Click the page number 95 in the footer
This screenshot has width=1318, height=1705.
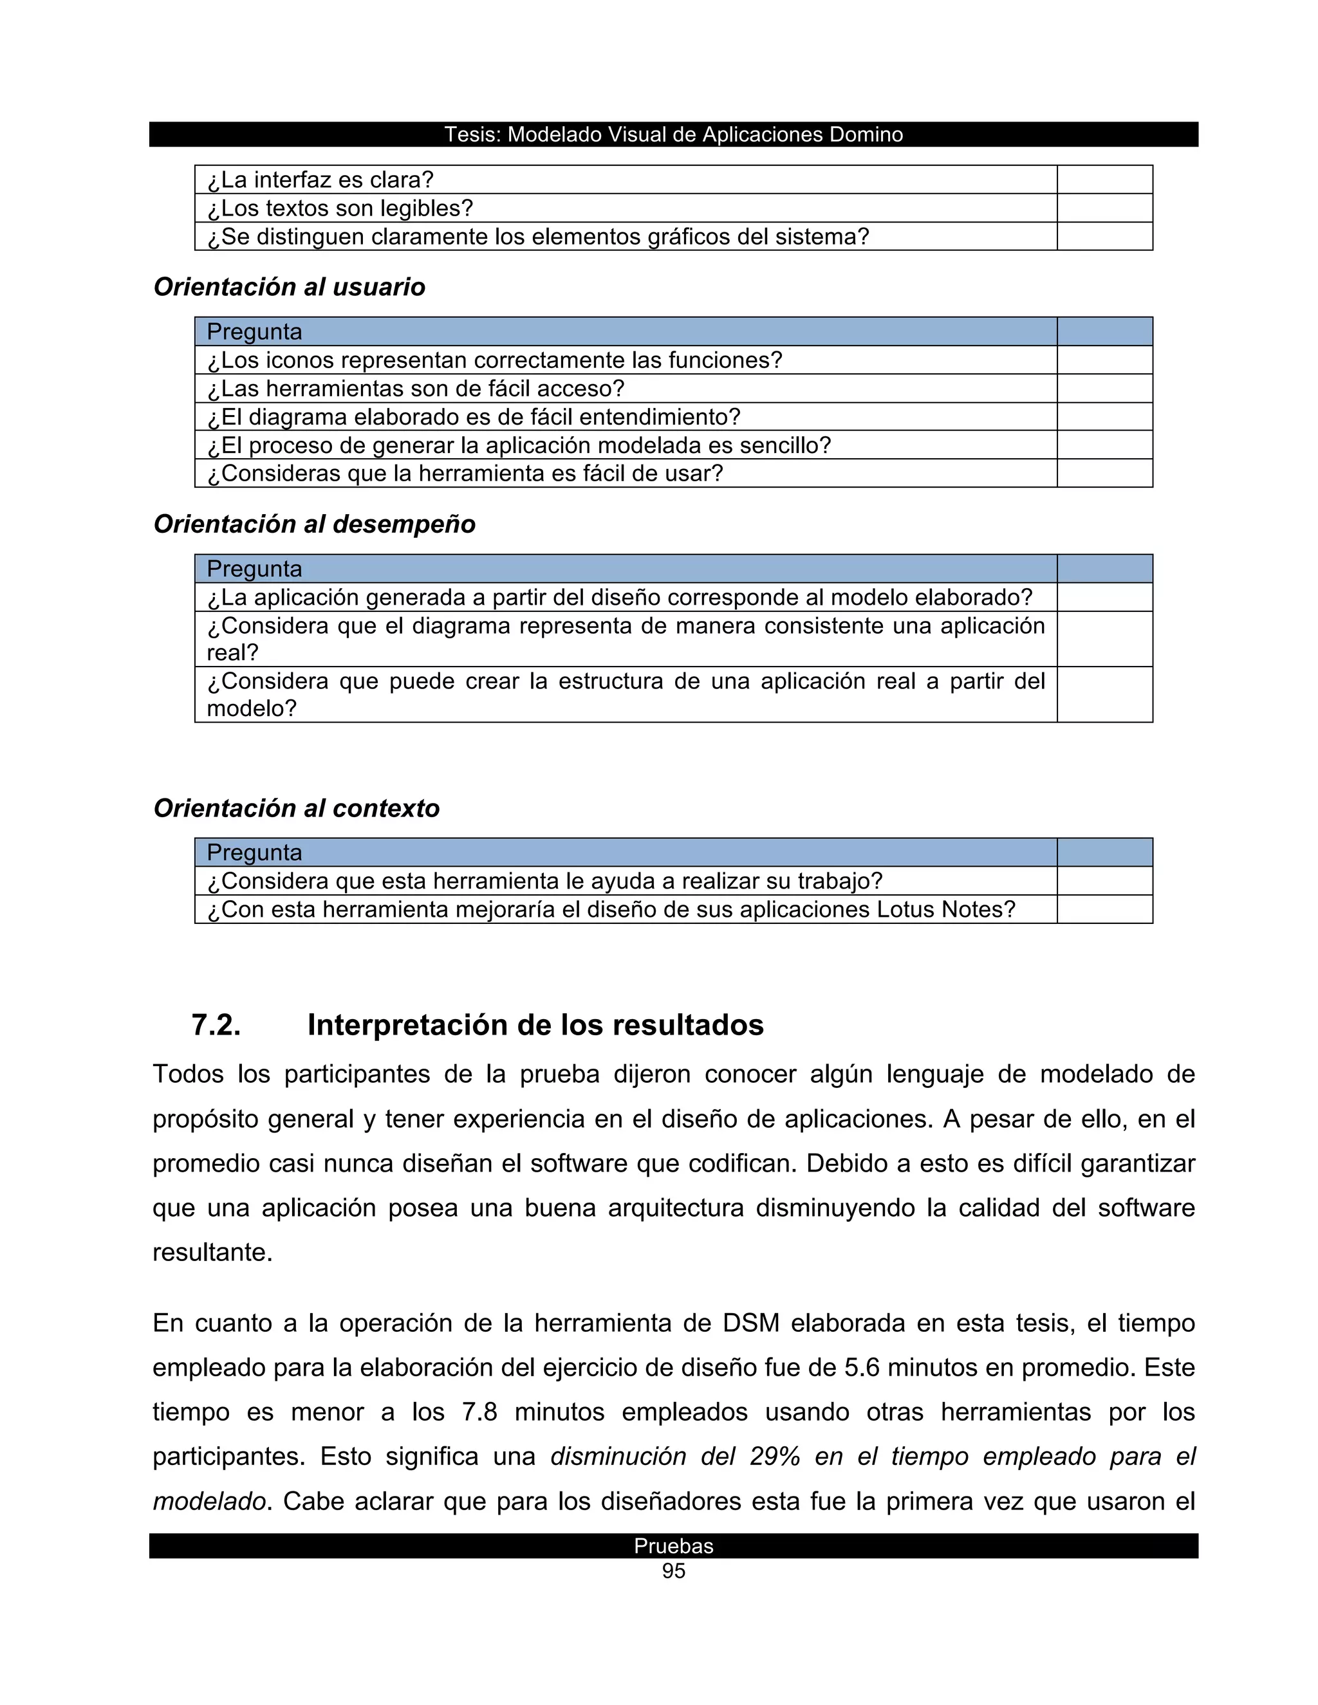[x=673, y=1571]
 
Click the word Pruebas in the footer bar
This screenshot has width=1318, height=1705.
[x=673, y=1545]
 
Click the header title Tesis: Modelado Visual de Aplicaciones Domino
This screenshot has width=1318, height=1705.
[x=673, y=134]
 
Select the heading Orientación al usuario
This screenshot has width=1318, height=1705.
[x=289, y=288]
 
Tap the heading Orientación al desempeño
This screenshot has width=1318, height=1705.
[x=314, y=524]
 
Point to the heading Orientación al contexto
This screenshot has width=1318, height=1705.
[x=296, y=808]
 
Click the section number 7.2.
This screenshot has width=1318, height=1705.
[x=216, y=1025]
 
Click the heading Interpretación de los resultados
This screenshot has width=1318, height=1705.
[x=535, y=1025]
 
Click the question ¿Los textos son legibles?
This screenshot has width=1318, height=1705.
[x=340, y=208]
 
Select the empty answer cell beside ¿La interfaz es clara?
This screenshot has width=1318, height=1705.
[x=1104, y=180]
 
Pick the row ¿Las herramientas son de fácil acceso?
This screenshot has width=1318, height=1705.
[x=415, y=389]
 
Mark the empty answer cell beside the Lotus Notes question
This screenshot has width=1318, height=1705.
[x=1104, y=910]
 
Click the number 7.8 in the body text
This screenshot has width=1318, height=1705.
[x=479, y=1412]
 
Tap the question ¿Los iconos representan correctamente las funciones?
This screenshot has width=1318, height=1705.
[x=494, y=361]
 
